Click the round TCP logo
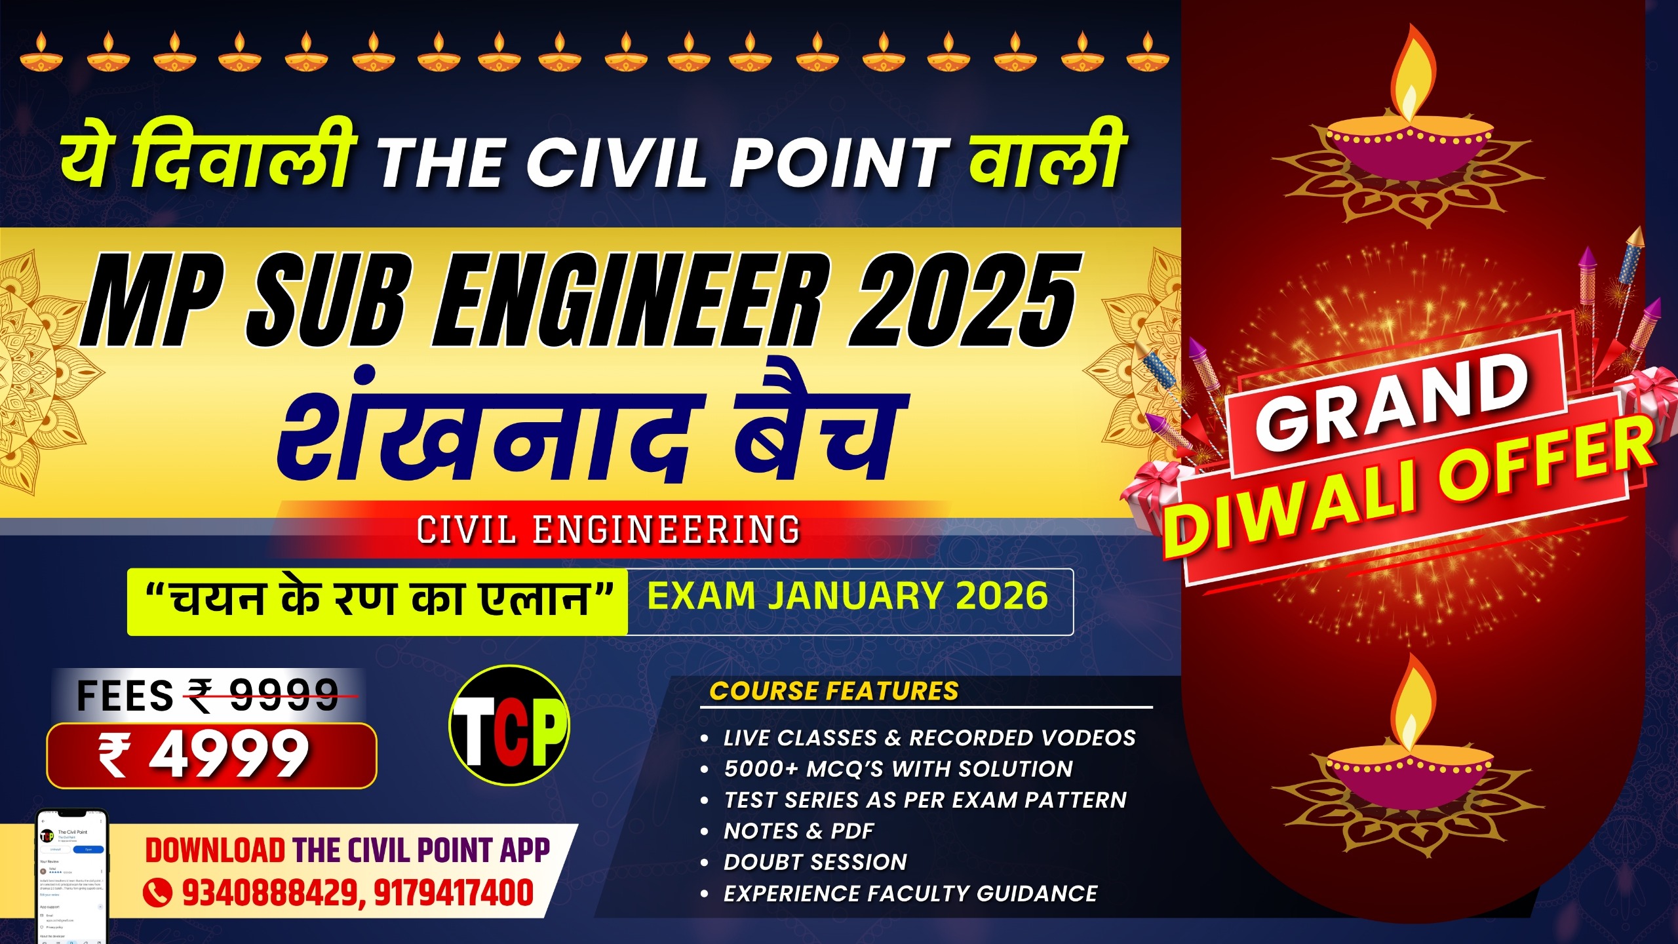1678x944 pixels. [509, 726]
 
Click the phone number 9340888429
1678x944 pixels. [269, 893]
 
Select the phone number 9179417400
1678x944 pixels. [454, 893]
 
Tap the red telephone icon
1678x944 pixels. [157, 893]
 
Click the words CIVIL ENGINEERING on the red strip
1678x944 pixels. [608, 530]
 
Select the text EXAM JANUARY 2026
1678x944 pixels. [848, 597]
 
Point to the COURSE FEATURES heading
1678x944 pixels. [834, 692]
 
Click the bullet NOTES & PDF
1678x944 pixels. [799, 831]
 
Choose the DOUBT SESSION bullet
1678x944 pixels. [815, 862]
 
